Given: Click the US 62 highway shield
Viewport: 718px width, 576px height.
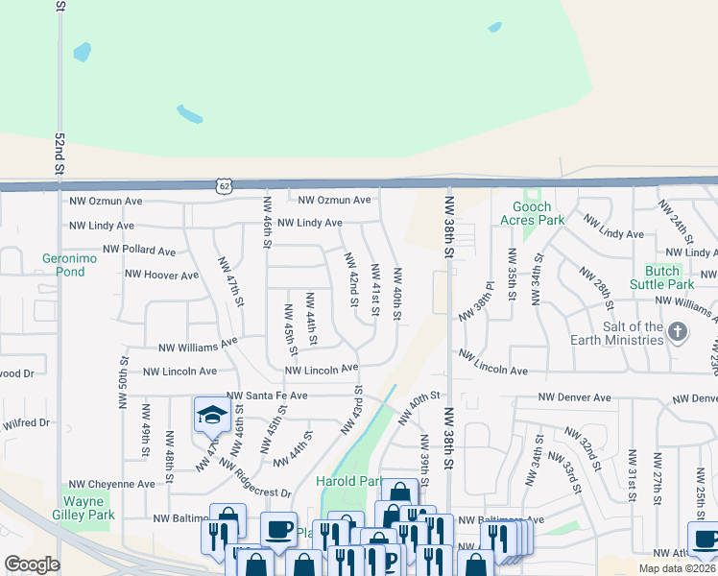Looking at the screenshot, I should tap(225, 183).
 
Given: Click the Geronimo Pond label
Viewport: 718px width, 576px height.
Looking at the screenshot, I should tap(63, 265).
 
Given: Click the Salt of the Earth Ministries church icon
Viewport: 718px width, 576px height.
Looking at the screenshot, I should tap(679, 333).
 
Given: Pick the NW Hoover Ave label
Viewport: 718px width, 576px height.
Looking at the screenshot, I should tap(161, 275).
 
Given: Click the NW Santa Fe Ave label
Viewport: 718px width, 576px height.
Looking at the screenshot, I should tap(267, 396).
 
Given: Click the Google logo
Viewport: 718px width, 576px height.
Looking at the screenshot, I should tap(32, 564).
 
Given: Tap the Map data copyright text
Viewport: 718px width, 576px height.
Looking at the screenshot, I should tap(678, 568).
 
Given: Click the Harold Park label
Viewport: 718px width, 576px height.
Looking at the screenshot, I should tap(349, 481).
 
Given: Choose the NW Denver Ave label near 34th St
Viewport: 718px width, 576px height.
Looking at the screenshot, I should tap(574, 397).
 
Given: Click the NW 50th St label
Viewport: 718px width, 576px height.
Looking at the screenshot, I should tap(125, 382).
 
